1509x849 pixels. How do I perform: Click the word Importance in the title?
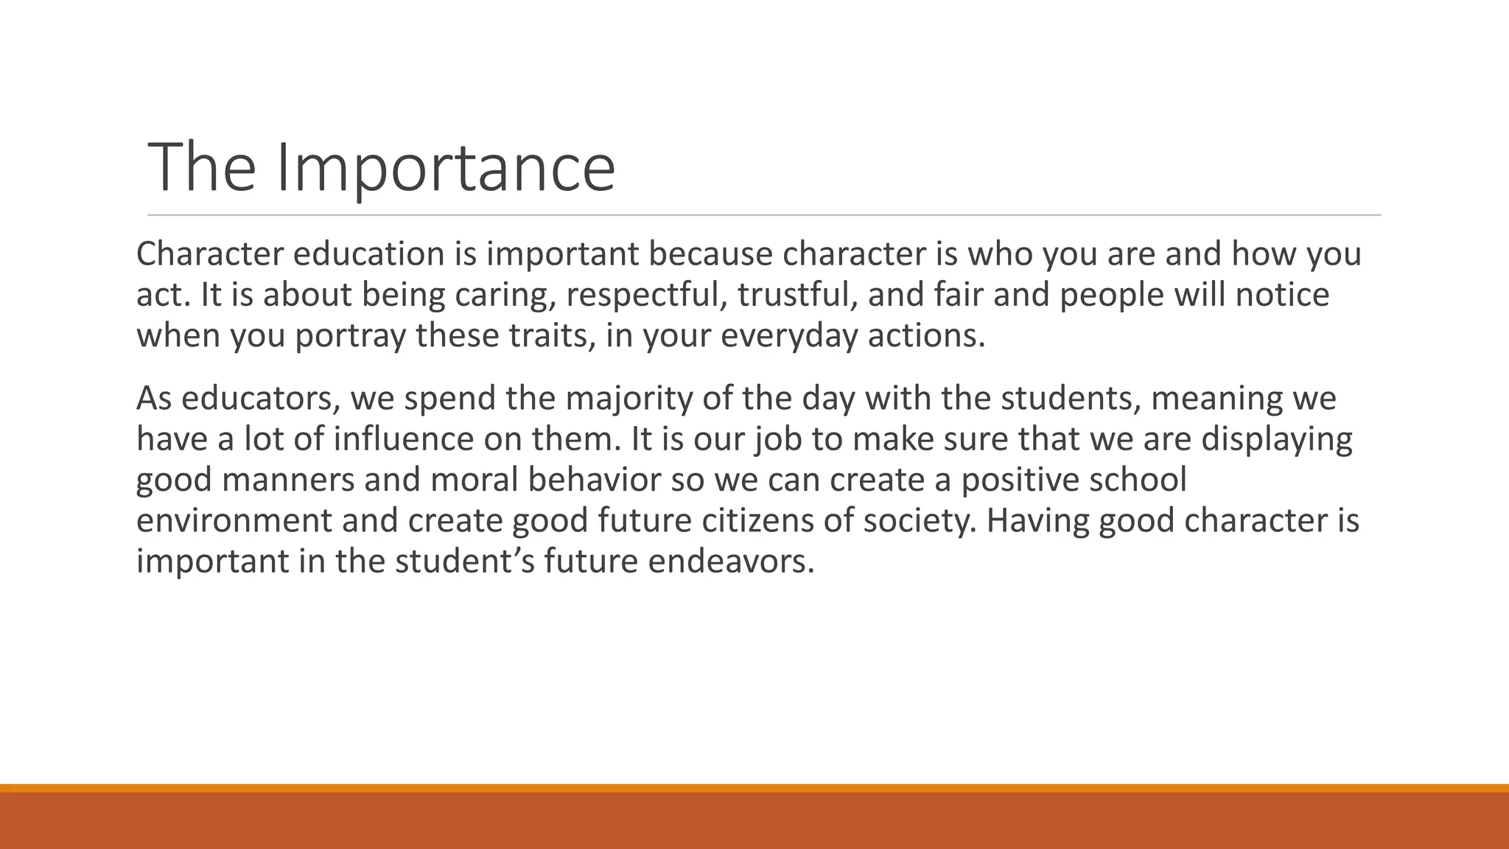click(446, 168)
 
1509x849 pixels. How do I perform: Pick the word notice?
click(1282, 295)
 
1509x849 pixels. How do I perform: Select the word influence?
click(404, 439)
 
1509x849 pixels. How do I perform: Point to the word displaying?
click(1277, 439)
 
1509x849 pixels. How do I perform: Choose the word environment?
click(234, 520)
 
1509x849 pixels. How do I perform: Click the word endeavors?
click(731, 562)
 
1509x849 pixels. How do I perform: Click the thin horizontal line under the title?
click(764, 215)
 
